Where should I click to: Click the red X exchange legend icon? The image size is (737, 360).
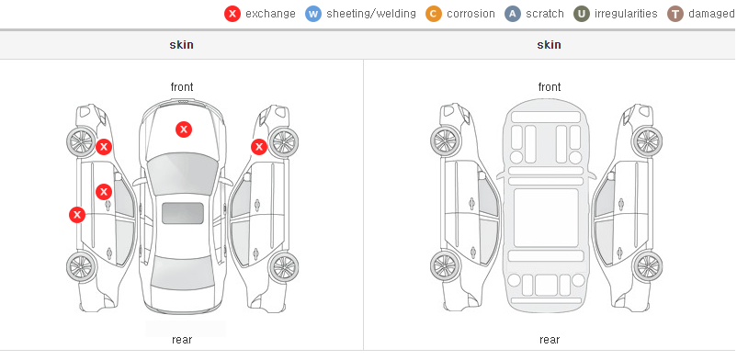pyautogui.click(x=232, y=14)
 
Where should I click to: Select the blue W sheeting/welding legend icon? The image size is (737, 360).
pyautogui.click(x=313, y=14)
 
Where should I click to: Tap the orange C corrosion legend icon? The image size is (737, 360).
pyautogui.click(x=434, y=14)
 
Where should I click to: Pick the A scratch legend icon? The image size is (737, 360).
pyautogui.click(x=513, y=14)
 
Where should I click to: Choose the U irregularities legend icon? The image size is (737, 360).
pyautogui.click(x=582, y=14)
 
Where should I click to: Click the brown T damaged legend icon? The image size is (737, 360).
pyautogui.click(x=675, y=14)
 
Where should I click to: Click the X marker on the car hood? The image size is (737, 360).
pyautogui.click(x=184, y=129)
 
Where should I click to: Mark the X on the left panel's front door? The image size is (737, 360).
pyautogui.click(x=104, y=192)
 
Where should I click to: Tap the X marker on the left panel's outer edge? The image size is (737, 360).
pyautogui.click(x=77, y=215)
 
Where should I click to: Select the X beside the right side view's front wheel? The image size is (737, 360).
pyautogui.click(x=259, y=147)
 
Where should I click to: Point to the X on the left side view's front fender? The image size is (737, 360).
pyautogui.click(x=104, y=147)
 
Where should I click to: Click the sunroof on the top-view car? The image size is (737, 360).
pyautogui.click(x=183, y=213)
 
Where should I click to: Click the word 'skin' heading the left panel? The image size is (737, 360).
pyautogui.click(x=181, y=45)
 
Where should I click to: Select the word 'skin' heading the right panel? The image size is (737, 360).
pyautogui.click(x=549, y=45)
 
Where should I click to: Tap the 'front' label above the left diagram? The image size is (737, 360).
pyautogui.click(x=182, y=87)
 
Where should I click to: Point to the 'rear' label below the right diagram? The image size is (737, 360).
pyautogui.click(x=550, y=340)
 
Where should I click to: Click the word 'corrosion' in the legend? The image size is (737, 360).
pyautogui.click(x=471, y=14)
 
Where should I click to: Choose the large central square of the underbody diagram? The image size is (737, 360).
pyautogui.click(x=546, y=218)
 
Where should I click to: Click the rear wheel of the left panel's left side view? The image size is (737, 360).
pyautogui.click(x=81, y=267)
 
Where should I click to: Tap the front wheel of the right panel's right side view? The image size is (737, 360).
pyautogui.click(x=648, y=141)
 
